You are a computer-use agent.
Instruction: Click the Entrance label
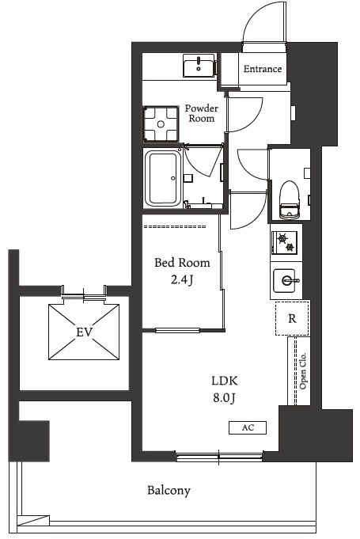(263, 69)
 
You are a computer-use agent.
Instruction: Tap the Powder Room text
(202, 113)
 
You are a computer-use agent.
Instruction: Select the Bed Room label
(182, 263)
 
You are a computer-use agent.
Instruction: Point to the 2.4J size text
(182, 280)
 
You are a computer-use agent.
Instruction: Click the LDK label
(225, 381)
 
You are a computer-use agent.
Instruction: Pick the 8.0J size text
(225, 397)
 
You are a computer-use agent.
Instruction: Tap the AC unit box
(248, 427)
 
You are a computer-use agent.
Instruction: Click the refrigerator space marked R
(292, 318)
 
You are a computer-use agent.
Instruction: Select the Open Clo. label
(302, 371)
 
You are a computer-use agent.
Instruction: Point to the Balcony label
(169, 490)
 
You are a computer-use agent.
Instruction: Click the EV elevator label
(84, 332)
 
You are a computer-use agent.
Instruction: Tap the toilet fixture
(290, 200)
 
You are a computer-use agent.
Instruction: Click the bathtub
(163, 178)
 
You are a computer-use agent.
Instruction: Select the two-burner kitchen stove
(284, 242)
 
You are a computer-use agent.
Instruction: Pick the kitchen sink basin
(284, 280)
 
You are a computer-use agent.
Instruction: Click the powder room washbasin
(199, 66)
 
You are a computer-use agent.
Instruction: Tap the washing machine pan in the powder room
(161, 123)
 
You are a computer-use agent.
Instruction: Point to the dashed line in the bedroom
(175, 227)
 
